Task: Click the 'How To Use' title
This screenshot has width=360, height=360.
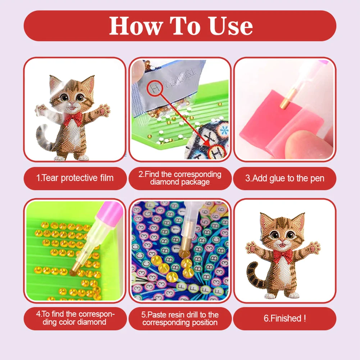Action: (x=181, y=26)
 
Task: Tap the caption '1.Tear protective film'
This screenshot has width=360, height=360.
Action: (x=75, y=178)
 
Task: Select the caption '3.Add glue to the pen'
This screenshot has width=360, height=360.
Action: (x=284, y=178)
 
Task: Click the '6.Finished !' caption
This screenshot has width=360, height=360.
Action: (x=284, y=318)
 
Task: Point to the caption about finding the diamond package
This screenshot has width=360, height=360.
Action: (x=180, y=178)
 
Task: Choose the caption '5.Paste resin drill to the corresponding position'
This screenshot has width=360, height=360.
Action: (x=180, y=318)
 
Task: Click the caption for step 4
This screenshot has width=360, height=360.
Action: (x=75, y=318)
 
